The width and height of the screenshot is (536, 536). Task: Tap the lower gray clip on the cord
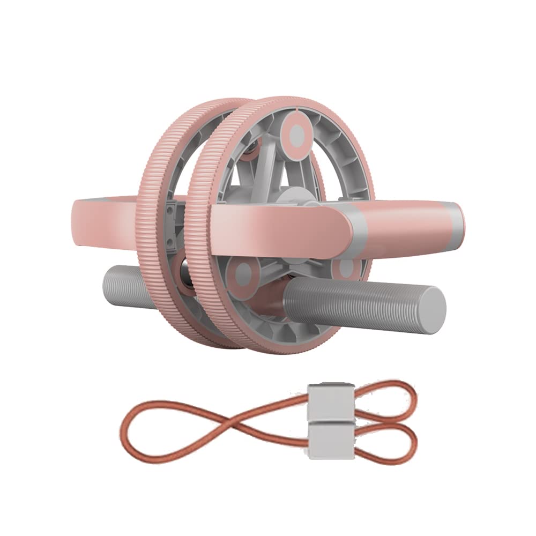[329, 441]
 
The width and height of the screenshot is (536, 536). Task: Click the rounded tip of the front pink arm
[343, 222]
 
